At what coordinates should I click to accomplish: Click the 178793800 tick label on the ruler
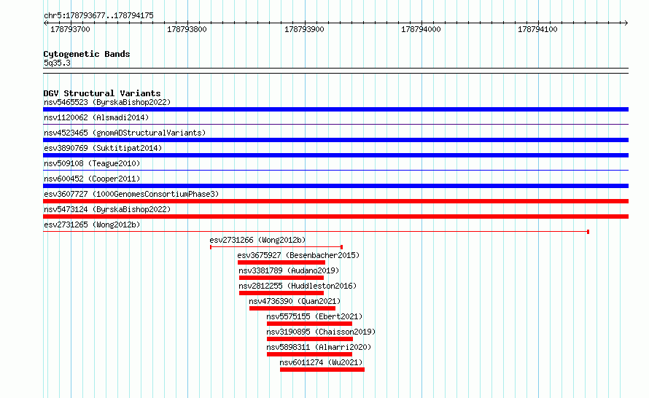187,29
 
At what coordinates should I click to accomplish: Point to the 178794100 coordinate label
537,29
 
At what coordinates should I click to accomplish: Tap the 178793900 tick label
304,29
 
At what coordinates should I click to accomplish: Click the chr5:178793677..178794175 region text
98,15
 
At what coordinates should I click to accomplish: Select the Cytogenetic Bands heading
87,54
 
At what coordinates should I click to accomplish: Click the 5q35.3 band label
57,63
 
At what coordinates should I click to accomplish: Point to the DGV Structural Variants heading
102,93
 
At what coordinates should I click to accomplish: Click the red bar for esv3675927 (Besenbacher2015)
281,262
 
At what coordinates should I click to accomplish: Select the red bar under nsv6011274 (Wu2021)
322,370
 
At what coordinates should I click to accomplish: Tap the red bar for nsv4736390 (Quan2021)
292,308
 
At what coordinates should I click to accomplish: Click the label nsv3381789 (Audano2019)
289,270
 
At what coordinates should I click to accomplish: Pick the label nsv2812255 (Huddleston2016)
298,286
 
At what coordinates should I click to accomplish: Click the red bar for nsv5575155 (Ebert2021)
309,324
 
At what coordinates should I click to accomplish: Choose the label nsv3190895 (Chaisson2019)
321,332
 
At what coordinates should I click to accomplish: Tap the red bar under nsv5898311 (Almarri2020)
309,354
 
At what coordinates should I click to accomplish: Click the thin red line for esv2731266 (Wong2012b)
276,247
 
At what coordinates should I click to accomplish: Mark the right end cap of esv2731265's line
588,232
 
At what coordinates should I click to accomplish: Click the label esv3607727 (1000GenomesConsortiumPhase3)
131,194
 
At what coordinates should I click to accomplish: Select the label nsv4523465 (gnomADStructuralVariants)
125,133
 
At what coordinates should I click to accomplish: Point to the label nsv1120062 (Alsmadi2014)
96,117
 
